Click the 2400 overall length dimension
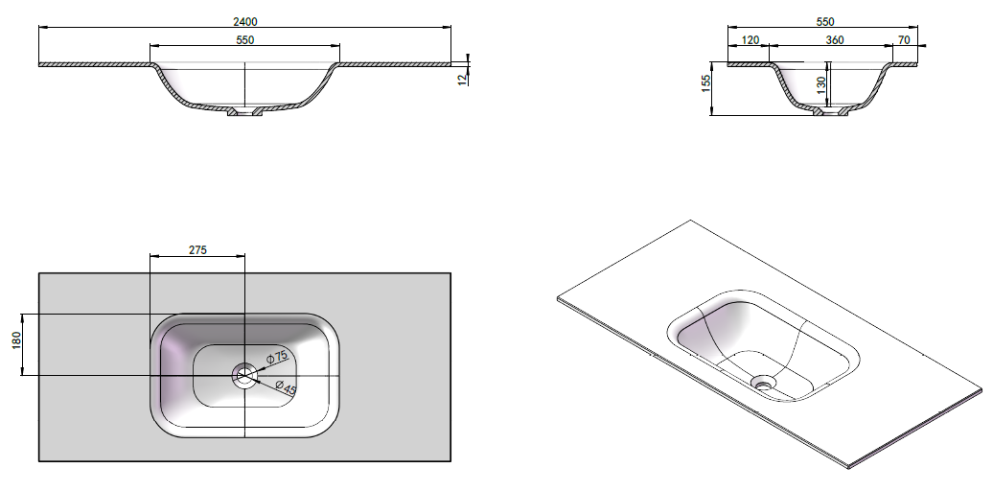[245, 21]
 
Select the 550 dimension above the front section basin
[244, 40]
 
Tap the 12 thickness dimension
[463, 78]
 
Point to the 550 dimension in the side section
[825, 21]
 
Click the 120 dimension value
[750, 40]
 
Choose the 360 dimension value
[835, 40]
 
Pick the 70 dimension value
[904, 40]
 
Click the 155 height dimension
[706, 83]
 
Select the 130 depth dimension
[821, 85]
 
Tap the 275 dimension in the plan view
[197, 249]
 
